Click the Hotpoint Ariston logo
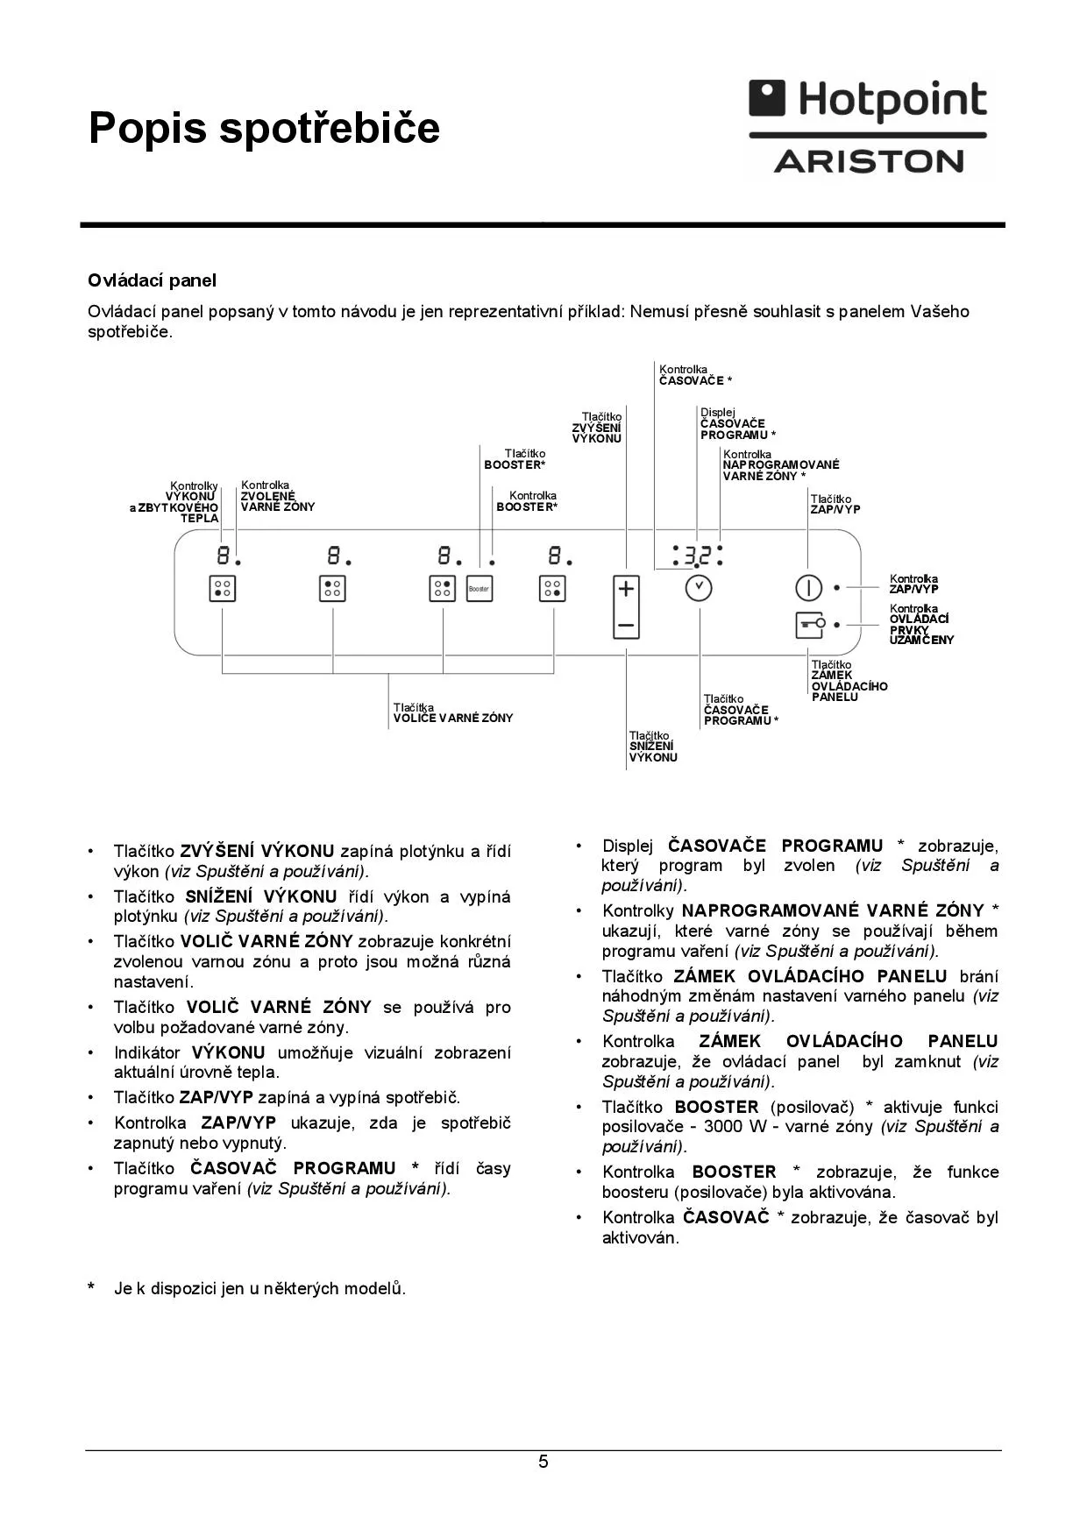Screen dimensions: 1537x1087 point(869,128)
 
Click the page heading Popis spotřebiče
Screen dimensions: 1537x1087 point(264,128)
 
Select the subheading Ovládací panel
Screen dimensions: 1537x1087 point(152,280)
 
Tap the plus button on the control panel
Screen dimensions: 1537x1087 point(626,589)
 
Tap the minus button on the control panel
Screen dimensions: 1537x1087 point(626,626)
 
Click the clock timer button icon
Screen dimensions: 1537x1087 point(699,588)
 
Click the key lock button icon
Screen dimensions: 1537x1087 point(809,625)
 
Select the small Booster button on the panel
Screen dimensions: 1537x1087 point(479,589)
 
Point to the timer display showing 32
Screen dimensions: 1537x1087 point(697,556)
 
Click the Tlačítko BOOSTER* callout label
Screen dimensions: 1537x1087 point(515,459)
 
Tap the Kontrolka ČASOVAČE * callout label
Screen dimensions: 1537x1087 point(695,375)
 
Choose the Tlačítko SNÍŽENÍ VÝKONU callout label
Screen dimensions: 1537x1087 point(653,747)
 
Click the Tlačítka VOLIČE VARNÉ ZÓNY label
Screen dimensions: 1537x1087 point(452,712)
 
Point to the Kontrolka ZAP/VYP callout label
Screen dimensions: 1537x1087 point(913,584)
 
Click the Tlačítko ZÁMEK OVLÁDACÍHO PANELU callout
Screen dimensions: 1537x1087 point(849,681)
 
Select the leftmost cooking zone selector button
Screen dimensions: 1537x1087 point(223,589)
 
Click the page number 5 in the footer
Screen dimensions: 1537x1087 point(543,1462)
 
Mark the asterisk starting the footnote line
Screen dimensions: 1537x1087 point(91,1288)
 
